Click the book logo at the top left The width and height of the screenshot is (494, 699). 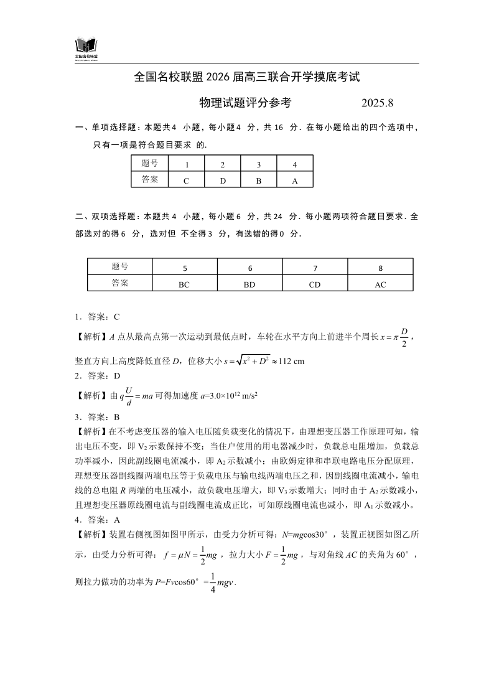(86, 47)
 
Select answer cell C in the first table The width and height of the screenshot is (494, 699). (186, 180)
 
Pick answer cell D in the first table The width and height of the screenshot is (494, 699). (222, 180)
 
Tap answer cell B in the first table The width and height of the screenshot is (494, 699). (259, 180)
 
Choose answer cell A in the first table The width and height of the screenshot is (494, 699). (294, 180)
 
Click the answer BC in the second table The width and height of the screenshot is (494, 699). (184, 284)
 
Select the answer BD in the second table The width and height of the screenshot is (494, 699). (249, 284)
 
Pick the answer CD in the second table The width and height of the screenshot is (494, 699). (315, 284)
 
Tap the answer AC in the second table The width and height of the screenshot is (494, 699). (380, 284)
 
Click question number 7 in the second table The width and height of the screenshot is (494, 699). (315, 268)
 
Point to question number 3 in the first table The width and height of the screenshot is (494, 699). (259, 165)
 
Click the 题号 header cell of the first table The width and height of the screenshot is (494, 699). (150, 164)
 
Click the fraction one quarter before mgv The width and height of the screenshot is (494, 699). (213, 583)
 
